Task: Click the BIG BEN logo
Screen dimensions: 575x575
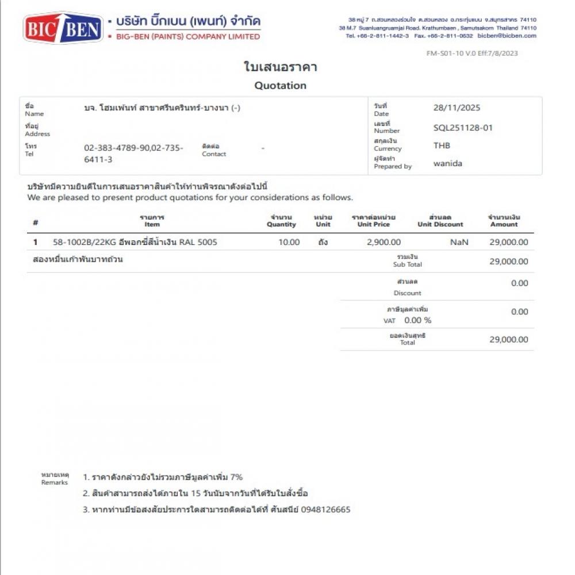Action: point(63,28)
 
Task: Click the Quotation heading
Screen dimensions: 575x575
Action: point(280,86)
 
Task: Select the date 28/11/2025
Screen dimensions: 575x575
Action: point(457,108)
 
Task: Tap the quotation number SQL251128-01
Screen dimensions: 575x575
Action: point(463,128)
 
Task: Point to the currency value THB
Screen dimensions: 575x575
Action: point(442,145)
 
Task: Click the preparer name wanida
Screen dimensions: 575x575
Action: point(447,163)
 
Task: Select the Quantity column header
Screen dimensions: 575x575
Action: point(281,221)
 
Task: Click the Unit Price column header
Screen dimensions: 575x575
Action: point(373,221)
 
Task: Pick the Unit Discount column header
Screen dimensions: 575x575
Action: point(440,221)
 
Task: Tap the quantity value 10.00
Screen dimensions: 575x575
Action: point(289,242)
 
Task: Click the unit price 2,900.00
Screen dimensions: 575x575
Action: point(384,242)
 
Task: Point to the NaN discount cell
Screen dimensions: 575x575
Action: point(459,242)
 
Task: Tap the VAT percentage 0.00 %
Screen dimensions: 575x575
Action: point(417,320)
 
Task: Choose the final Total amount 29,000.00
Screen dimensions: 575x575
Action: point(508,339)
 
